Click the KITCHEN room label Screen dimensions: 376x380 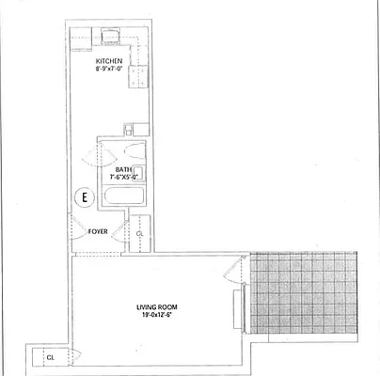point(108,61)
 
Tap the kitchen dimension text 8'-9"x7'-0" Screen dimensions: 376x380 point(109,70)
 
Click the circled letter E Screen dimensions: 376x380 point(85,197)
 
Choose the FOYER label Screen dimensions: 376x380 point(97,230)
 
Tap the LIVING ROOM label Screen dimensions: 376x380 point(150,306)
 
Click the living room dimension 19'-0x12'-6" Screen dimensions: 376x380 point(150,315)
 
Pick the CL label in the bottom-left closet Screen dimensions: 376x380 point(50,357)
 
